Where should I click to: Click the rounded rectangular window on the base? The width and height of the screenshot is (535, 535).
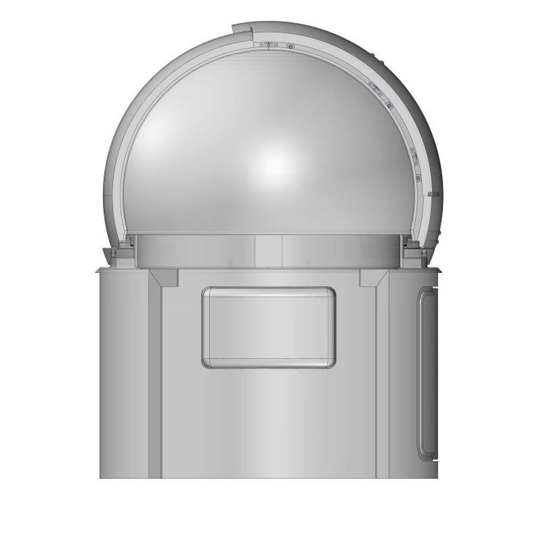[x=268, y=328]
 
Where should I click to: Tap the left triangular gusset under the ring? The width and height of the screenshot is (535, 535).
[x=163, y=277]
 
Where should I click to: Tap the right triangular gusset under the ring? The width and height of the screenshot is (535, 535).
[x=373, y=277]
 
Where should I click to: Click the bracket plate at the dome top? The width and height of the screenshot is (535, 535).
[x=269, y=45]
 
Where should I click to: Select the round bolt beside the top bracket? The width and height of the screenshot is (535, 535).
[x=290, y=47]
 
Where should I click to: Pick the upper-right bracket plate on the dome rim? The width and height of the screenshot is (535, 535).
[x=375, y=89]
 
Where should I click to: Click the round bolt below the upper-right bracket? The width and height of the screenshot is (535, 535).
[x=389, y=105]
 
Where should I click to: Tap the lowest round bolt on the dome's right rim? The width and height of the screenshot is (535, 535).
[x=419, y=177]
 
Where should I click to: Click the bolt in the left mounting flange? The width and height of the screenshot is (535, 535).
[x=114, y=253]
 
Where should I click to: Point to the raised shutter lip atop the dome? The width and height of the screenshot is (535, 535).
[x=242, y=29]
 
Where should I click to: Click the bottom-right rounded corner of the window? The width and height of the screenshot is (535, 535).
[x=330, y=362]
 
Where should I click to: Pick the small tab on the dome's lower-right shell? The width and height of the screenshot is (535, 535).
[x=434, y=194]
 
